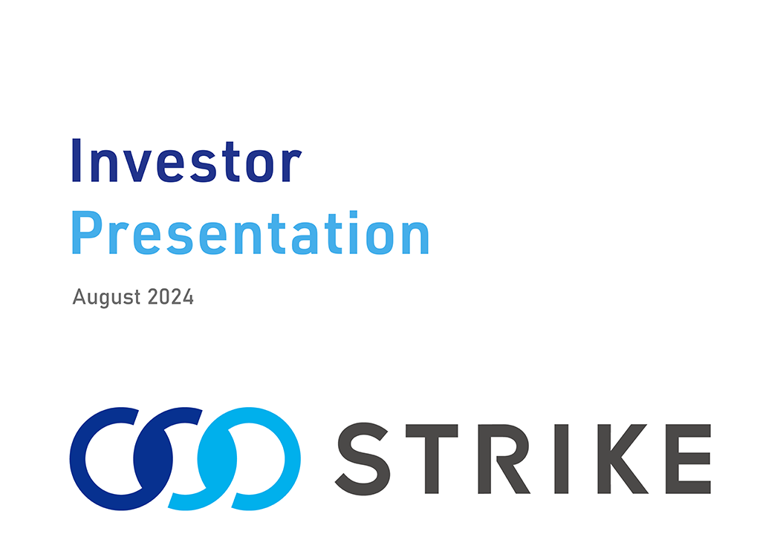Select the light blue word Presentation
250,232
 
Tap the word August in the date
106,297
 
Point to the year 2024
171,296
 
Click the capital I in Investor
76,160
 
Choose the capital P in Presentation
87,232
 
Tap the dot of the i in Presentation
354,215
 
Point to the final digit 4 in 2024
188,296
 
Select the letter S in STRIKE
363,458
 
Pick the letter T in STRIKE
432,458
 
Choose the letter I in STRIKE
562,458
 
